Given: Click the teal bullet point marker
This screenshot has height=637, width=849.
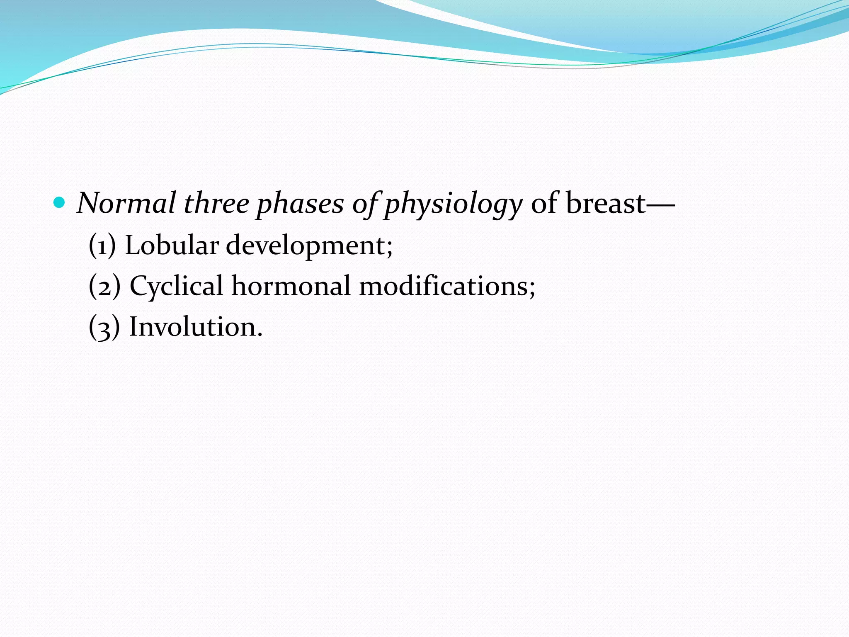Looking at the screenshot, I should coord(60,203).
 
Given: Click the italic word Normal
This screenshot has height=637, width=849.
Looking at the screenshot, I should coord(126,204).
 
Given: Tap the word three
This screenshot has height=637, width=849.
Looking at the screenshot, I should coord(216,204).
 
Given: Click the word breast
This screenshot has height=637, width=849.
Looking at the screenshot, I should coord(605,204).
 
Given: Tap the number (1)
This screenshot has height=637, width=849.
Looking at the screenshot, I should coord(102,246).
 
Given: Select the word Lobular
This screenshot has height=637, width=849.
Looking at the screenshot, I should coord(172,245).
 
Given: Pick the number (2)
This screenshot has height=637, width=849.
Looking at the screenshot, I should coord(104,286).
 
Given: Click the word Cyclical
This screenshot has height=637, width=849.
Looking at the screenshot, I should coord(176,287).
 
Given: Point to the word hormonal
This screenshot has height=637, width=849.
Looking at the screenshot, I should coord(291,286).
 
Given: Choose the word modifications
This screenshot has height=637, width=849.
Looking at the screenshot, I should coord(443,286).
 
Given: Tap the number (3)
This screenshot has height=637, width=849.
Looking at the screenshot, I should coord(104,327).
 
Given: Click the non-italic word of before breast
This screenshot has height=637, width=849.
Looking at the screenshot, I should coord(543,204).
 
